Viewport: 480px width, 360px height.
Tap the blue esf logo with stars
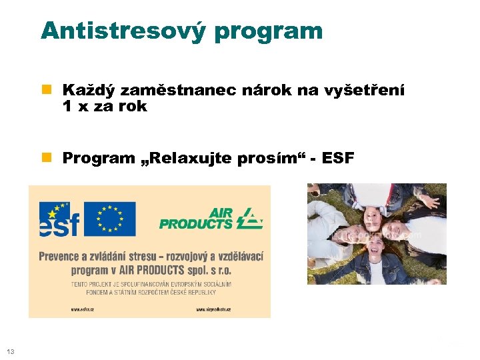point(59,219)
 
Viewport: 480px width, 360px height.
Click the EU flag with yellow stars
point(110,218)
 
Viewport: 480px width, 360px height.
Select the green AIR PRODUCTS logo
point(211,218)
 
